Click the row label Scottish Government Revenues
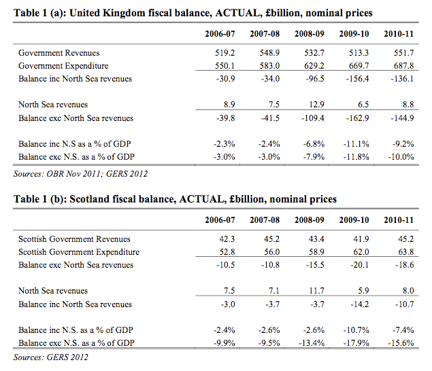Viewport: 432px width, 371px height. [x=75, y=238]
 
